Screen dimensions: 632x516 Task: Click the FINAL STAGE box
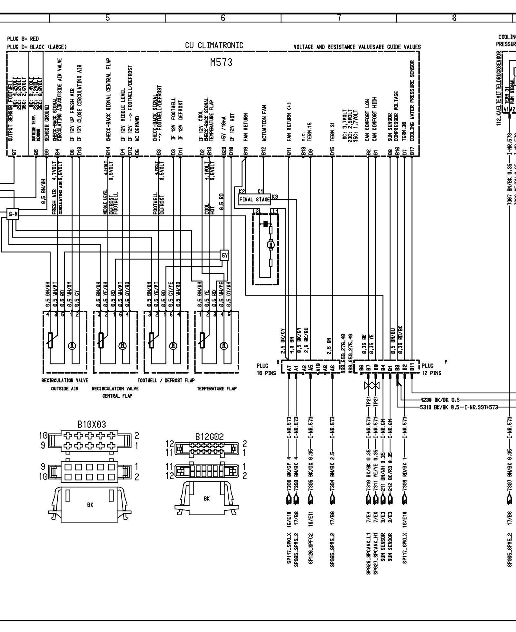click(254, 200)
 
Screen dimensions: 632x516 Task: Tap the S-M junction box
click(13, 214)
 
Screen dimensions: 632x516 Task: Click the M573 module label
click(221, 63)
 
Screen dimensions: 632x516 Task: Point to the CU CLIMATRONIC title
click(214, 45)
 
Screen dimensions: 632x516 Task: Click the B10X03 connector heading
click(91, 424)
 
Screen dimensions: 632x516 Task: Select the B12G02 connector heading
click(209, 437)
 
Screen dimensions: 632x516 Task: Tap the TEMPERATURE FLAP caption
click(217, 389)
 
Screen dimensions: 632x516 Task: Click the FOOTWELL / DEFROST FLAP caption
click(166, 380)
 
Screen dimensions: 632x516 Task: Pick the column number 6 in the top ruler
click(223, 18)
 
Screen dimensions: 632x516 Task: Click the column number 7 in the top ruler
click(339, 18)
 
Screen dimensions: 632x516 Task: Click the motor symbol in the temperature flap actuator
click(223, 345)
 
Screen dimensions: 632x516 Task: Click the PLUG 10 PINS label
click(266, 370)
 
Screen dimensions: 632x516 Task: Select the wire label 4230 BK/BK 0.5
click(440, 400)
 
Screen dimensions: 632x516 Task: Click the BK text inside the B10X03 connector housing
click(90, 505)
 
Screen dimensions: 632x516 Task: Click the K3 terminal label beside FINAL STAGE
click(275, 196)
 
